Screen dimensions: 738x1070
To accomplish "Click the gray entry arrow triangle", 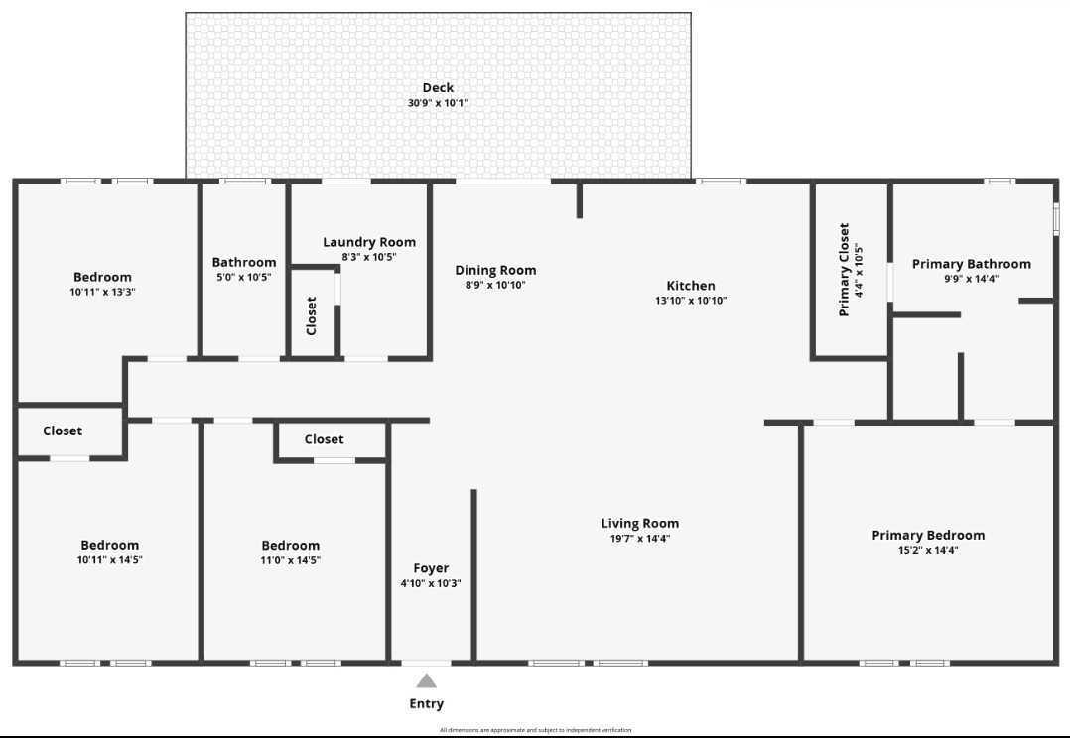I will tap(426, 680).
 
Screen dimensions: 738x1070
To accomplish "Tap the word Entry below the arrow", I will tap(427, 704).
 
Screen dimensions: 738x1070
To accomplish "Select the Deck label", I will tap(438, 87).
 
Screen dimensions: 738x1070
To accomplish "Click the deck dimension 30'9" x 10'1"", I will tap(438, 102).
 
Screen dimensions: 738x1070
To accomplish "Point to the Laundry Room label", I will tap(369, 242).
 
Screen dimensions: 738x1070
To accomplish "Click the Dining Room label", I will tap(495, 270).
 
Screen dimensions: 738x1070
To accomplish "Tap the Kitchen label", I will tap(691, 286).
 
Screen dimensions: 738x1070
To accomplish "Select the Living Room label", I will tap(640, 523).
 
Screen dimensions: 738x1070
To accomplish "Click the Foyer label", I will tap(431, 568).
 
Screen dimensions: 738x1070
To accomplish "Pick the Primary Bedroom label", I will tap(928, 535).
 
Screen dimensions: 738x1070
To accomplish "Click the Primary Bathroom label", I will tap(971, 264).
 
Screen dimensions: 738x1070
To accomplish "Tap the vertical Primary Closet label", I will tap(844, 269).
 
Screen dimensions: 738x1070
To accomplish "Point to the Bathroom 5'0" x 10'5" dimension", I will tap(243, 277).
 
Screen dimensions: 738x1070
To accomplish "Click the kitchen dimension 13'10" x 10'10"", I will tap(691, 300).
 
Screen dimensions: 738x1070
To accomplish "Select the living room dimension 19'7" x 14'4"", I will tap(640, 538).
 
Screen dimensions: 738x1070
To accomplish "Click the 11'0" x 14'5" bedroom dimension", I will tap(291, 559).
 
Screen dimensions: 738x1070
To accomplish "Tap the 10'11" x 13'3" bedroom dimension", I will tap(102, 292).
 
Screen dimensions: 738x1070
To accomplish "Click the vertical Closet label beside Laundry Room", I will tap(312, 315).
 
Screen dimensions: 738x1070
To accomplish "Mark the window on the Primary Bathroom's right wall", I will tap(1056, 218).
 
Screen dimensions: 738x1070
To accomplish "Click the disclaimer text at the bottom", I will tap(535, 730).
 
